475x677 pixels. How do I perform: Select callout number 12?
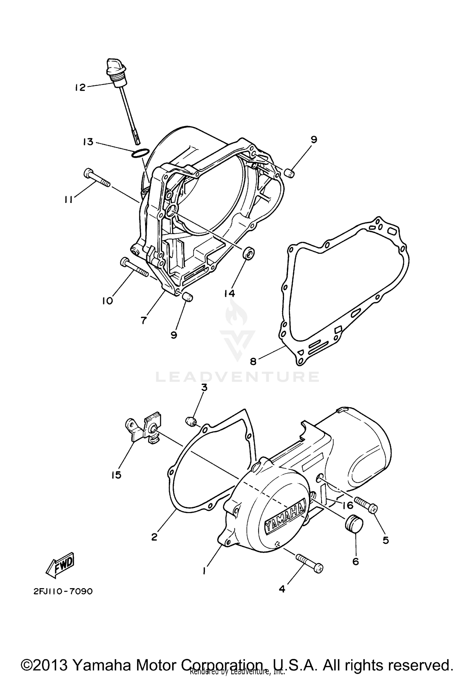click(x=80, y=87)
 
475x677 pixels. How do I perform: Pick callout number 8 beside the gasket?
click(x=253, y=361)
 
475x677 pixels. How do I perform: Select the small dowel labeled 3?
click(x=191, y=422)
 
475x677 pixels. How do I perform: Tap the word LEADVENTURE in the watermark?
click(x=237, y=377)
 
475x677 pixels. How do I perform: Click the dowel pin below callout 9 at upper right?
click(x=290, y=173)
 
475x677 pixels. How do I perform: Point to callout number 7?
click(x=144, y=320)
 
